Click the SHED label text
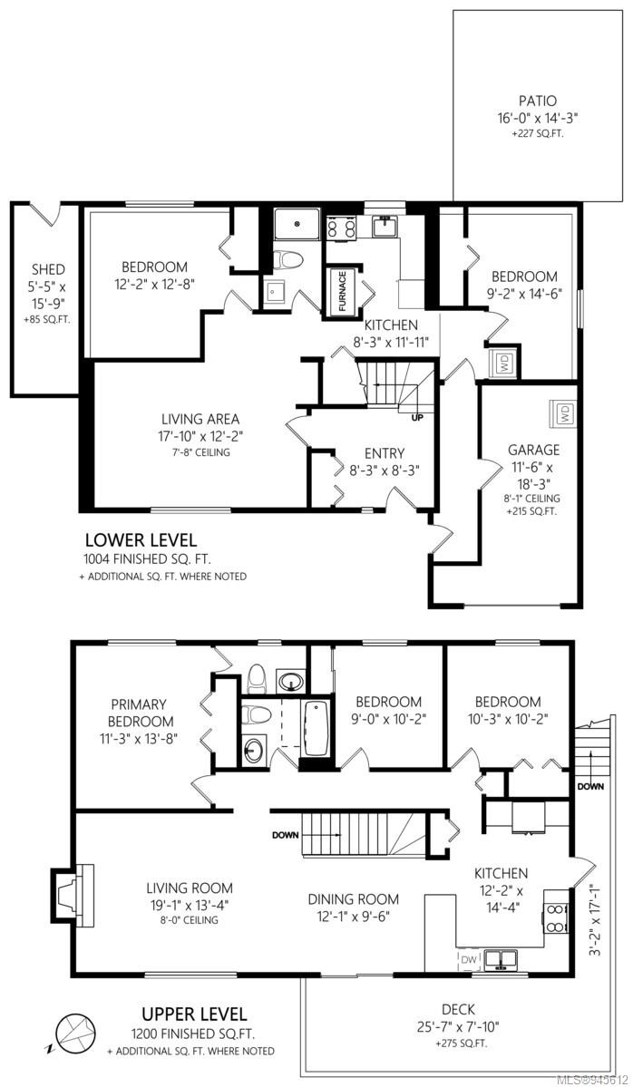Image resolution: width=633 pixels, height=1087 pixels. tap(48, 269)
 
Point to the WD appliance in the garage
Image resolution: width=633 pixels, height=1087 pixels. tap(564, 414)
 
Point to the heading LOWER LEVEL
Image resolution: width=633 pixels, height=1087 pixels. tap(140, 539)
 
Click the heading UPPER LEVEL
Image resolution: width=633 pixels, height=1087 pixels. tap(194, 1014)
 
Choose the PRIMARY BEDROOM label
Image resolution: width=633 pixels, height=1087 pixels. tap(141, 713)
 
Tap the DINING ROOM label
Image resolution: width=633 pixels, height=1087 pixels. tap(354, 899)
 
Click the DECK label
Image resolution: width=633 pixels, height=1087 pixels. tap(458, 1010)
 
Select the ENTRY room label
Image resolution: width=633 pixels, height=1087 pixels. tap(385, 453)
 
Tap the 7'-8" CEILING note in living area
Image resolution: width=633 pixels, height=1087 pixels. tap(200, 452)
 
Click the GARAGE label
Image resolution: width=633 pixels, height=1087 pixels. tap(533, 450)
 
